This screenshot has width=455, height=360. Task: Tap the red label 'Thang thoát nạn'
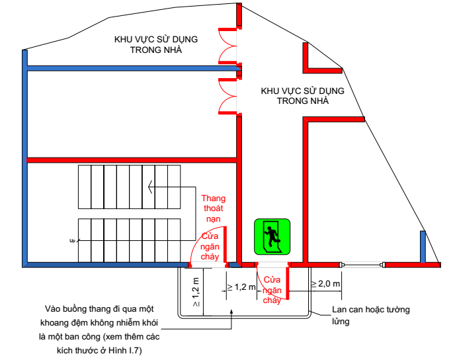click(x=214, y=208)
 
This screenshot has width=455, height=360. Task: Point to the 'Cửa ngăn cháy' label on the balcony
click(x=272, y=290)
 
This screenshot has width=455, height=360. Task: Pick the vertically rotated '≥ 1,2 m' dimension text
click(x=196, y=292)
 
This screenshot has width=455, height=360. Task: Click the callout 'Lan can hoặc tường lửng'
click(x=373, y=316)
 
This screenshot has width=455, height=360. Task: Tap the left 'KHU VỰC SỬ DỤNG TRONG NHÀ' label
click(x=155, y=44)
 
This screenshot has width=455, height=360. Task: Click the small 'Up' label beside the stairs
click(x=72, y=241)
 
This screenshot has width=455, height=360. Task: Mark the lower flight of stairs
click(x=130, y=239)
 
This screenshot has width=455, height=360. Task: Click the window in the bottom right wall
click(x=362, y=265)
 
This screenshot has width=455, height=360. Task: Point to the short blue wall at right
click(x=423, y=246)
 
